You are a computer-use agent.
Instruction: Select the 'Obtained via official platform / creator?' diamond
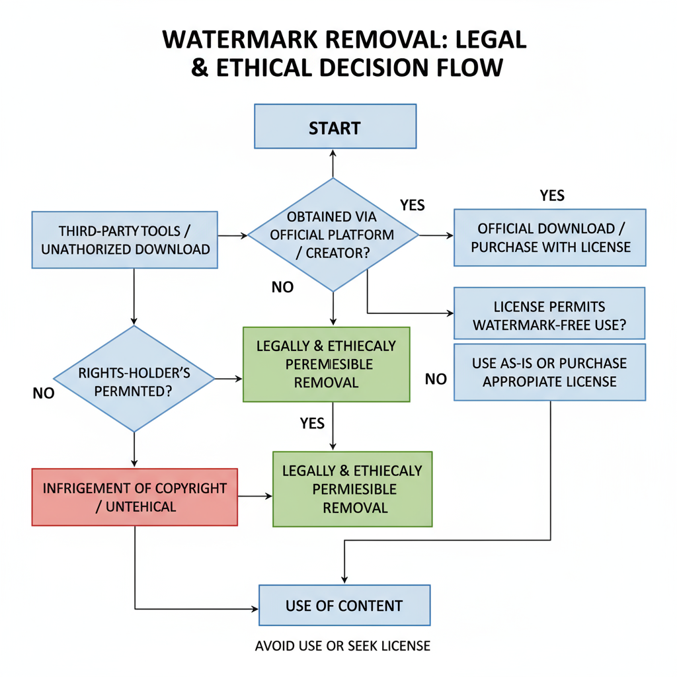[333, 235]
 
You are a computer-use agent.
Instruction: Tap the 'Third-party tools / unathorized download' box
[125, 239]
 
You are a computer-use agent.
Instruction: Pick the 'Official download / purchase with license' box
[549, 237]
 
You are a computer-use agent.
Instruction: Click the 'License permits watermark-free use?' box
[549, 315]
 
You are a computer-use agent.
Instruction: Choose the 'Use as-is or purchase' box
[549, 372]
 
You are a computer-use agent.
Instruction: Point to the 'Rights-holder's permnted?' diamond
[134, 379]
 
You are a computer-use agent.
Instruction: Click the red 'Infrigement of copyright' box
[134, 497]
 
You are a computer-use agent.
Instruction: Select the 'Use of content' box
[344, 605]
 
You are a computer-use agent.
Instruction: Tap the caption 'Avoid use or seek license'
[342, 645]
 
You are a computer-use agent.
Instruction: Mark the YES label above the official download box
[552, 195]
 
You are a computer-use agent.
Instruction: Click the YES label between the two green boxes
[311, 423]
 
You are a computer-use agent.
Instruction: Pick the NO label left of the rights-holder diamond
[43, 393]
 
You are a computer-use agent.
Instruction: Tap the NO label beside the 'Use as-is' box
[436, 379]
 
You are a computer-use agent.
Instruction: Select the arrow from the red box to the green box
[255, 496]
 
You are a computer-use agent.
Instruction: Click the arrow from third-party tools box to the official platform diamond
[232, 235]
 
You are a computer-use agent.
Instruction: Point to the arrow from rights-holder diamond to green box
[229, 379]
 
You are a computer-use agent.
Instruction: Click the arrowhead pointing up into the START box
[333, 153]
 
